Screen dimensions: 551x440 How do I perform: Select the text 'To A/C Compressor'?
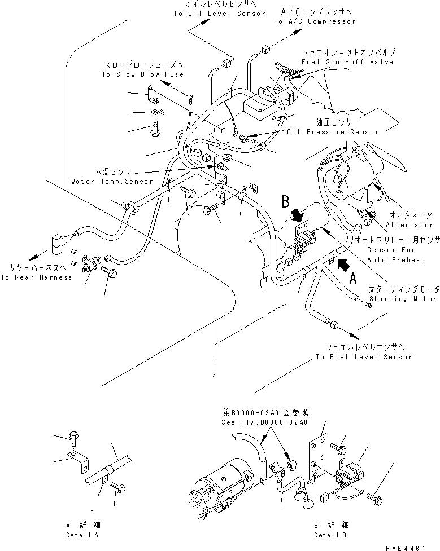[315, 21]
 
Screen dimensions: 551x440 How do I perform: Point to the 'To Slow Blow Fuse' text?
[142, 74]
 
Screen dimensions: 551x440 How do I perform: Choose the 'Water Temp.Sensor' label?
[112, 182]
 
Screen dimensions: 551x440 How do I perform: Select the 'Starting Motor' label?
[402, 298]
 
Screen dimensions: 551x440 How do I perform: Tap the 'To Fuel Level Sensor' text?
[364, 357]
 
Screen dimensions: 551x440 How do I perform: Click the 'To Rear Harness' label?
[36, 277]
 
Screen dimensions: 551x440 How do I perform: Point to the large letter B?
[286, 201]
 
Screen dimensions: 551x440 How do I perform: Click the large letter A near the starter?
[354, 276]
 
